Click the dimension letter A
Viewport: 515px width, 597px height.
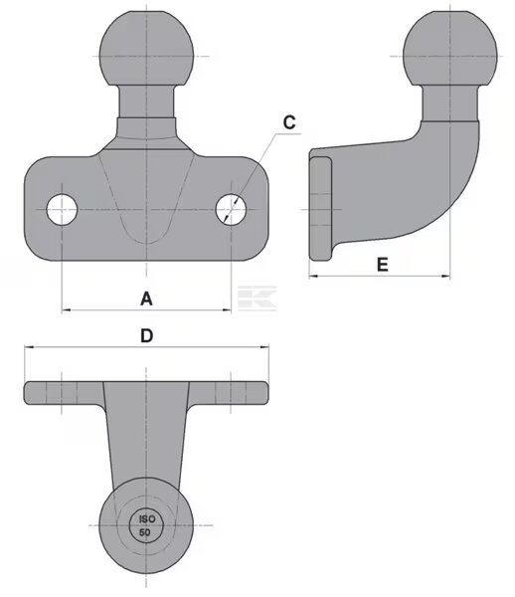coord(146,298)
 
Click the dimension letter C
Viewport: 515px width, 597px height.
coord(289,122)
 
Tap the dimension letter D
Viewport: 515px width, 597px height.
coord(147,336)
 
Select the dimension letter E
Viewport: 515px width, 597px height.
coord(382,265)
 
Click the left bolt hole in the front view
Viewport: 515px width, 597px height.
coord(62,209)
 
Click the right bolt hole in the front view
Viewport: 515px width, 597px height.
coord(231,209)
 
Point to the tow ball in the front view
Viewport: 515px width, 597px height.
coord(146,49)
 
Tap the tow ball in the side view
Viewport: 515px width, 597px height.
coord(450,49)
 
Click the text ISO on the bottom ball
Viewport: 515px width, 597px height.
coord(147,519)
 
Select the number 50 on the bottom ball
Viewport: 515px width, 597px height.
coord(144,532)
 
